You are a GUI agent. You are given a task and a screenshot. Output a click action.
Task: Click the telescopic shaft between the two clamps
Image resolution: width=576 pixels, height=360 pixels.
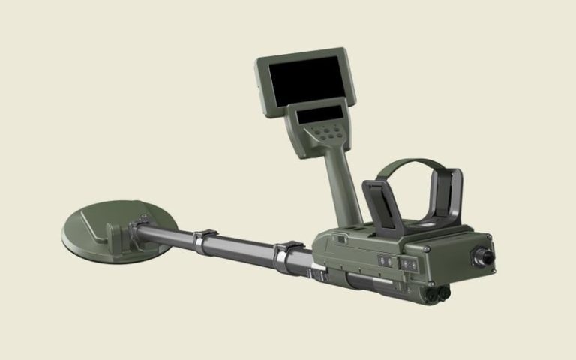click(x=244, y=247)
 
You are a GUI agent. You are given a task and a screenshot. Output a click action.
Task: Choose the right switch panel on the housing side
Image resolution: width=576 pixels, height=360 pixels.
click(x=409, y=265)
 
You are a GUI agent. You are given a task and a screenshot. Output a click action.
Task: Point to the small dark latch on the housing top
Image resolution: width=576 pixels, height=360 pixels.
click(x=340, y=239)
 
